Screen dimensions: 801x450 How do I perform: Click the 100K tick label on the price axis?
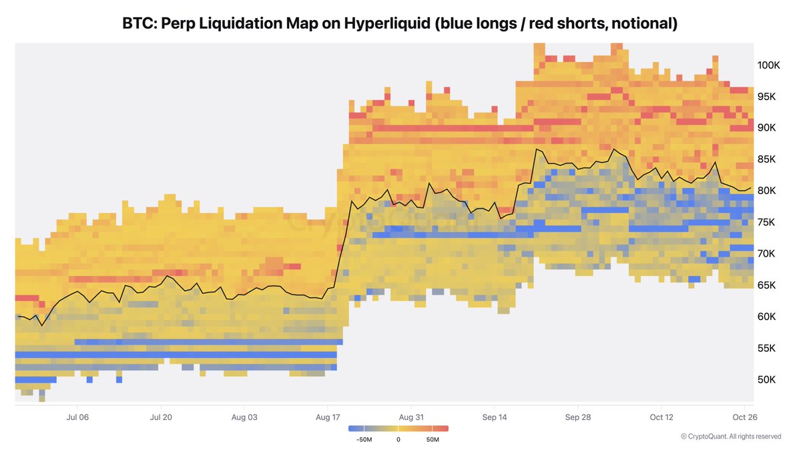pyautogui.click(x=768, y=65)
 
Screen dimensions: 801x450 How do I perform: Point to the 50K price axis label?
pyautogui.click(x=766, y=379)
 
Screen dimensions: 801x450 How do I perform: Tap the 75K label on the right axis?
pyautogui.click(x=766, y=223)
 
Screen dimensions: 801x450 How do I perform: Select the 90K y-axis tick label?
pyautogui.click(x=766, y=128)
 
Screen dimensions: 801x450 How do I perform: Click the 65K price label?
pyautogui.click(x=766, y=285)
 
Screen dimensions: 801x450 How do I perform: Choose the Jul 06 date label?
pyautogui.click(x=77, y=417)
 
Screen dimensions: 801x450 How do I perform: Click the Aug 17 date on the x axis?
pyautogui.click(x=328, y=417)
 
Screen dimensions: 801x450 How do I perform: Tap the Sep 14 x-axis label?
pyautogui.click(x=495, y=417)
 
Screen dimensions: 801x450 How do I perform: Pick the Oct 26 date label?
pyautogui.click(x=745, y=417)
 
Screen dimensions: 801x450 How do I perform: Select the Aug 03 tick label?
pyautogui.click(x=244, y=417)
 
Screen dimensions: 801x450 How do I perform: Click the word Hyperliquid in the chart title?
pyautogui.click(x=387, y=23)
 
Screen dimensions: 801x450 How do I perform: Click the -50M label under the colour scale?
pyautogui.click(x=364, y=439)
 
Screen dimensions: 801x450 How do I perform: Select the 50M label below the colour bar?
pyautogui.click(x=433, y=439)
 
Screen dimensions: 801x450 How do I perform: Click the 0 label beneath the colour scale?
pyautogui.click(x=398, y=439)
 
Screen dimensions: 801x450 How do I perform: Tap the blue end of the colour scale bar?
pyautogui.click(x=352, y=429)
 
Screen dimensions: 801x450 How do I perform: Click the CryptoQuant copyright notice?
pyautogui.click(x=731, y=437)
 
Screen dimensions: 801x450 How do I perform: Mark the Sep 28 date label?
pyautogui.click(x=578, y=417)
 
